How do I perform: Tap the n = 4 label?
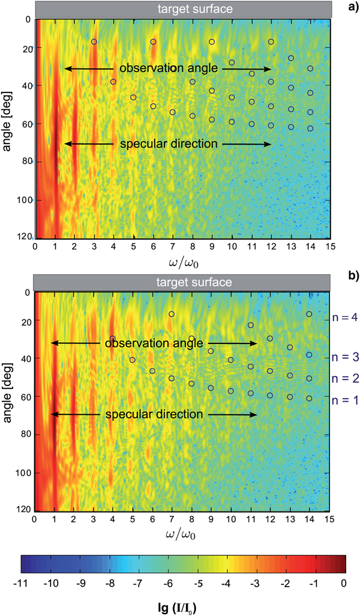[346, 319]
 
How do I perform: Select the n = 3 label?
[346, 357]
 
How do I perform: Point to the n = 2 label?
[346, 378]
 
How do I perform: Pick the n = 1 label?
[346, 399]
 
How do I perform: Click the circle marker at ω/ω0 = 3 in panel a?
[94, 42]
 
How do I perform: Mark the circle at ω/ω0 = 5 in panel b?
[133, 360]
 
